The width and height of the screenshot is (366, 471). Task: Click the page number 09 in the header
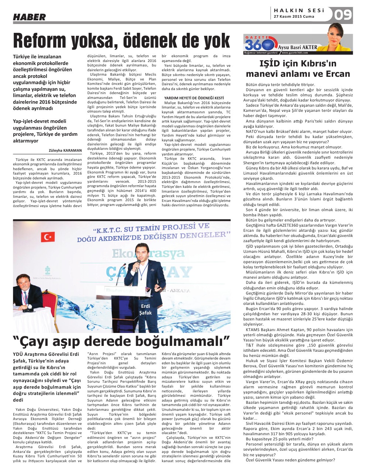coord(343,15)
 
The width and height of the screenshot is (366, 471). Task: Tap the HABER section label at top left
coord(30,17)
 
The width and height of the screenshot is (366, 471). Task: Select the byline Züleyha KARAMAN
coord(65,150)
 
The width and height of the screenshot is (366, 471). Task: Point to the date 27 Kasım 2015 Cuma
coord(294,17)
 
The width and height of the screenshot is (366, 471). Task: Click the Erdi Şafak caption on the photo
coord(145,310)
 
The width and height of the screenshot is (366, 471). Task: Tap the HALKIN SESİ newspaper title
coord(299,11)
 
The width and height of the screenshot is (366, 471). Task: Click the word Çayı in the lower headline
coord(36,340)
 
